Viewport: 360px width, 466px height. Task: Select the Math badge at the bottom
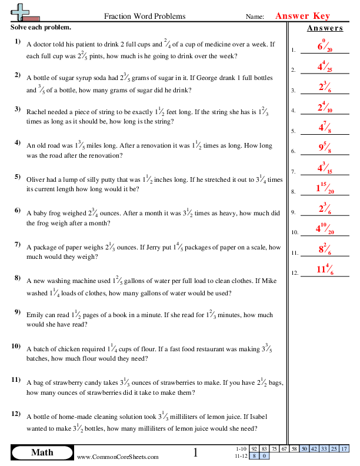(x=42, y=452)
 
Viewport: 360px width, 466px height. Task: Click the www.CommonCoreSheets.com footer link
(x=118, y=457)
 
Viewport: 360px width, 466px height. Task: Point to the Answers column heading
(x=325, y=28)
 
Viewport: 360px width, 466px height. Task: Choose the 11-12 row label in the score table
(x=241, y=455)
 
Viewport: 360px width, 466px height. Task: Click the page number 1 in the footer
(x=196, y=452)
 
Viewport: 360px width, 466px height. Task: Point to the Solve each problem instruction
(x=41, y=28)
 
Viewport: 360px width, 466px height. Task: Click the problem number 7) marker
(x=18, y=244)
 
